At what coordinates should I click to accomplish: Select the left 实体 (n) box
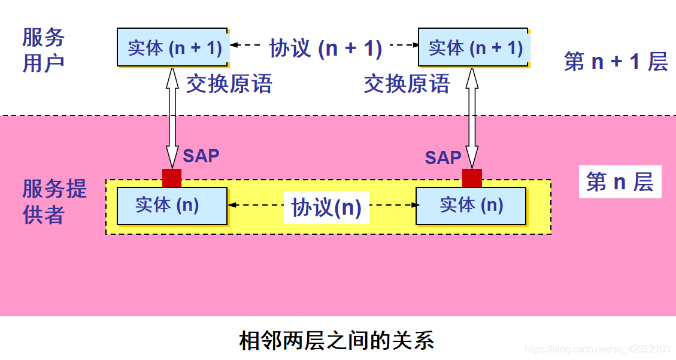(172, 205)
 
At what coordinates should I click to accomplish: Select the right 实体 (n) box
(471, 205)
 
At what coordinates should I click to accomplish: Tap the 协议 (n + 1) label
(325, 48)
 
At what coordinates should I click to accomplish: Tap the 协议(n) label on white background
(326, 207)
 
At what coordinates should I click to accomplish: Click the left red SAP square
(172, 178)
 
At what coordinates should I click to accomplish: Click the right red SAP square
(472, 178)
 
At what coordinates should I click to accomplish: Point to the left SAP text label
(201, 156)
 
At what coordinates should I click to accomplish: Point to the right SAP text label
(443, 158)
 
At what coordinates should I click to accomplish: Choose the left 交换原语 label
(229, 84)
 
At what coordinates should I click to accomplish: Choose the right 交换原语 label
(407, 84)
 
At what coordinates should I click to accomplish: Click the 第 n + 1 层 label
(616, 61)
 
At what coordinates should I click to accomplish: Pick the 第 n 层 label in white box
(620, 181)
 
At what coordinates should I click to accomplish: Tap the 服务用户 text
(43, 50)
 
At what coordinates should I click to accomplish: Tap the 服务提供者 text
(54, 201)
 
